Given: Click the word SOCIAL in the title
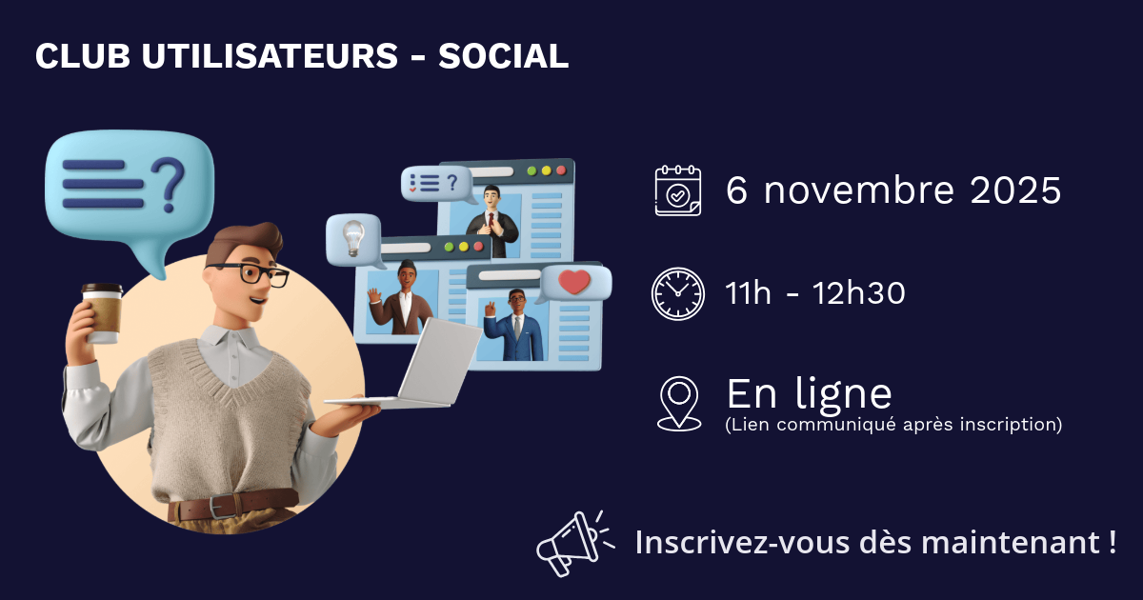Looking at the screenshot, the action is pos(503,55).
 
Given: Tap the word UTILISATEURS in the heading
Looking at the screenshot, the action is pos(270,55).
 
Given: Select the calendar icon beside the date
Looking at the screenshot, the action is pos(677,190).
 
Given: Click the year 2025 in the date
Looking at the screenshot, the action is pos(1015,190).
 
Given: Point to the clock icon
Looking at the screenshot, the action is pos(677,294).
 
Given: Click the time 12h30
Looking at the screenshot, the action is pos(859,293).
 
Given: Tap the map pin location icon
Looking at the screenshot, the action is pos(678,404).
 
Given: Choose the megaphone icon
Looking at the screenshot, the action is pos(575,544).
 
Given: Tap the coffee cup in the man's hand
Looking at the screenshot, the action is pos(103,312).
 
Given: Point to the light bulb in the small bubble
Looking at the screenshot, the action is pos(353,238).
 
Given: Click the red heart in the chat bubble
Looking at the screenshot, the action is pos(574,282).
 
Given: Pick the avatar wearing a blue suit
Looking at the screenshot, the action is pos(514,326).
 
